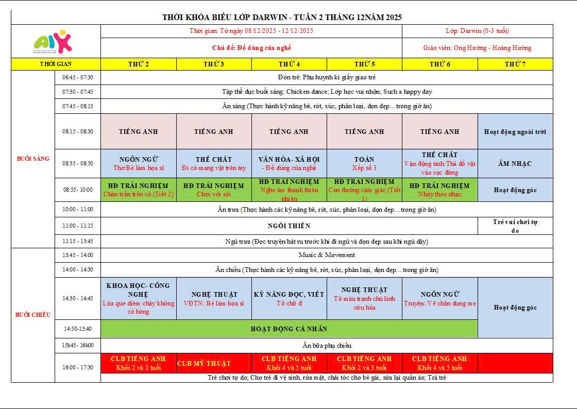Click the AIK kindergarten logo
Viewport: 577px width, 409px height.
[53, 41]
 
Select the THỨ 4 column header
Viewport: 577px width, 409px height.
[289, 64]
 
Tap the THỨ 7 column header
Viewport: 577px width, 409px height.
[515, 64]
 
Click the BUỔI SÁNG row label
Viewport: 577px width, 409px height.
[33, 159]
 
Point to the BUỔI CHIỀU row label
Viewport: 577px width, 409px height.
[33, 315]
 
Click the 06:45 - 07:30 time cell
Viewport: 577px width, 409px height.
[78, 77]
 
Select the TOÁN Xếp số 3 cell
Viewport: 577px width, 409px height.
[364, 163]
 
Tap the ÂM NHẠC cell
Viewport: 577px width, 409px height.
[515, 163]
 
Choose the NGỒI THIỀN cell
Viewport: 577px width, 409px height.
[289, 226]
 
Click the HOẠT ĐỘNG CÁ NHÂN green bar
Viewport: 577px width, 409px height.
[289, 329]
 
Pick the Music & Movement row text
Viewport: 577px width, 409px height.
[327, 255]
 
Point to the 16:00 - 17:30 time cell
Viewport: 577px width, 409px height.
[78, 367]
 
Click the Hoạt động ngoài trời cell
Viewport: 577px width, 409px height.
[515, 131]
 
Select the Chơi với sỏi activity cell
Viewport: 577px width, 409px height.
[214, 190]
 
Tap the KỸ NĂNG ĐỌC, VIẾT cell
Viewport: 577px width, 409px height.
[289, 298]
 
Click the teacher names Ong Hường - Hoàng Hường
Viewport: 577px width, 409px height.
[477, 48]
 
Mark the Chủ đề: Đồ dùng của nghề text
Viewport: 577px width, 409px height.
[251, 48]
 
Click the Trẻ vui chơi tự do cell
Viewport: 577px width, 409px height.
[515, 226]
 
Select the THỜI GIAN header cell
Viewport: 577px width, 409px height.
[56, 64]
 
